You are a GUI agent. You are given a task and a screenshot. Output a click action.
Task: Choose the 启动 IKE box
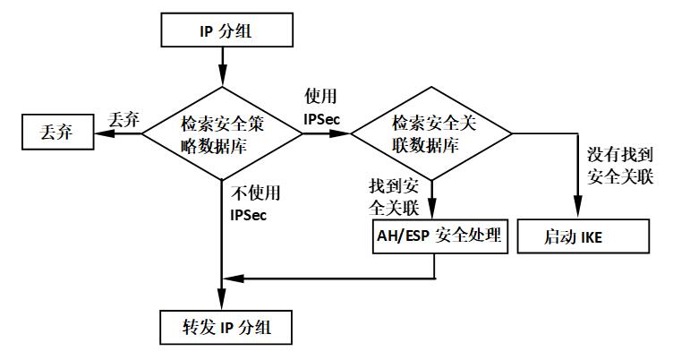tap(574, 237)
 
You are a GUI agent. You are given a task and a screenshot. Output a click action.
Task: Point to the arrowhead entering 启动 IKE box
tap(574, 215)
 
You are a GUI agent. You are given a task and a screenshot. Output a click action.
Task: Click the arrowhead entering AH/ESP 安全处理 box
tap(431, 215)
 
